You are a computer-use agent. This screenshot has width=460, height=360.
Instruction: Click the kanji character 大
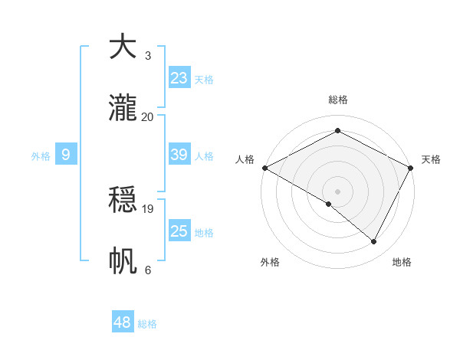[122, 47]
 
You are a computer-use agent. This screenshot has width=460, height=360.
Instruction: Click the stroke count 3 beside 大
[147, 56]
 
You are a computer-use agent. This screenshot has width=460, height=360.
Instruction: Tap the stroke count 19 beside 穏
[148, 208]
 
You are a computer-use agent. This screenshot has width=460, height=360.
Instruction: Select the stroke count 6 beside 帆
[147, 270]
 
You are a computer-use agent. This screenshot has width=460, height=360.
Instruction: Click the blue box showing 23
[179, 78]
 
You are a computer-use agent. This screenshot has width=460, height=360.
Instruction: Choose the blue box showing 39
[179, 155]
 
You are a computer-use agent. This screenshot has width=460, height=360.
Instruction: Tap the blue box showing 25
[179, 231]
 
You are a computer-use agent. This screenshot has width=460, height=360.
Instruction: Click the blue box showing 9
[66, 155]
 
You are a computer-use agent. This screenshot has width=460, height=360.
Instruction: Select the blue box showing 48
[123, 322]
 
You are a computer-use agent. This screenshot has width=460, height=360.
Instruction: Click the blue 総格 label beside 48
[147, 324]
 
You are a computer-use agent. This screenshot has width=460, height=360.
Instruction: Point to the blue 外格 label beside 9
[41, 156]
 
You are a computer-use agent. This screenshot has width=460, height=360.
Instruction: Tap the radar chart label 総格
[337, 100]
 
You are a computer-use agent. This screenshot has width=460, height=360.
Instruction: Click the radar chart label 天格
[431, 159]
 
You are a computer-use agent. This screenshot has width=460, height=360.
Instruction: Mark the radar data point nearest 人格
[264, 168]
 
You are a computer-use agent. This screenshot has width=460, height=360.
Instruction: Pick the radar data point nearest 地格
[374, 242]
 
